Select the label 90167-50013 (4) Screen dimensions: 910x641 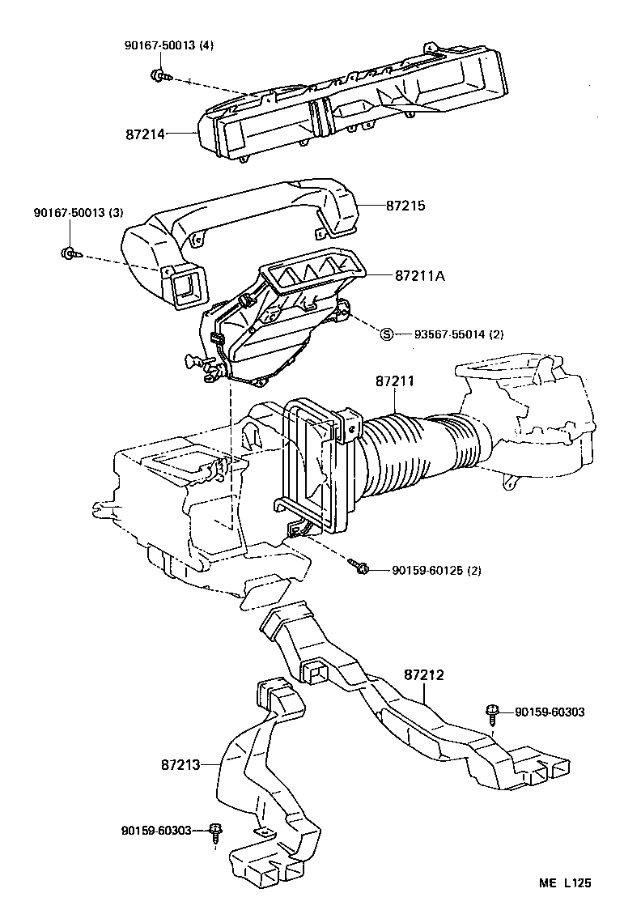click(169, 45)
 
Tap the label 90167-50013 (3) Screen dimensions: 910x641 click(79, 213)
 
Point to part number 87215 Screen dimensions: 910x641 click(405, 206)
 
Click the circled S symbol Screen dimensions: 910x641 click(387, 334)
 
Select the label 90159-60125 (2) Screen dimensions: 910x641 click(436, 571)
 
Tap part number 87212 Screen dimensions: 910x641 click(424, 674)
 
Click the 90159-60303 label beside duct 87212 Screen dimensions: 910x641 click(550, 712)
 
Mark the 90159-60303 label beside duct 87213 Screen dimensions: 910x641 click(156, 830)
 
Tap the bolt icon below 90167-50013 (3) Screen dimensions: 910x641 click(70, 253)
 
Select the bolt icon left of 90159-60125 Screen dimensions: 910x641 click(361, 568)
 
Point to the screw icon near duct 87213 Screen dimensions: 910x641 click(215, 833)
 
